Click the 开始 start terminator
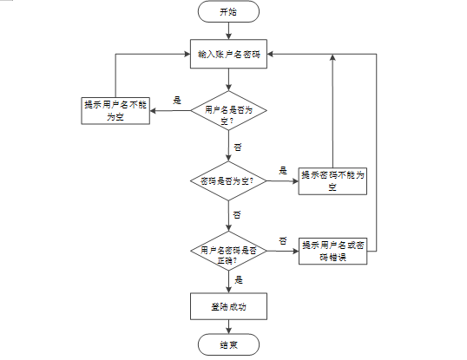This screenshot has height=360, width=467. [228, 12]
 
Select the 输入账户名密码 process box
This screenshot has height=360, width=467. [228, 55]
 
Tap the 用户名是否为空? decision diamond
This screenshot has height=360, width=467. [228, 114]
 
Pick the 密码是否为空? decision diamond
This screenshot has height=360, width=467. [228, 181]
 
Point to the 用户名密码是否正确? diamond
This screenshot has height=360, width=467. [228, 252]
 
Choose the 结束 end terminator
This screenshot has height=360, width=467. [228, 345]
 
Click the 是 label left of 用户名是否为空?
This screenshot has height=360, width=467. [177, 101]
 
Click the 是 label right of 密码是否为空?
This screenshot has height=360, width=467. [283, 170]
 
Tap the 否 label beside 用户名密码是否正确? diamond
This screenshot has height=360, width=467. [283, 239]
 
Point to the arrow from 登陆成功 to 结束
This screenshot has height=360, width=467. [228, 326]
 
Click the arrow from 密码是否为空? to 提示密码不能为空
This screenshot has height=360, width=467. [281, 181]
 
